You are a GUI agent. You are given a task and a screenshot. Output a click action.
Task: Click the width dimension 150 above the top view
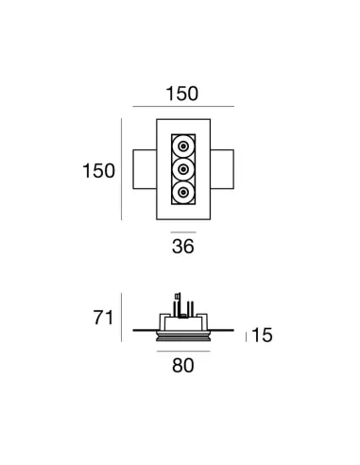click(x=181, y=94)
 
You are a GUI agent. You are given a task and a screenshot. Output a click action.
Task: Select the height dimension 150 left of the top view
click(x=99, y=170)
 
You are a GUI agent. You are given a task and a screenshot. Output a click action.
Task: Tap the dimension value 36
click(x=181, y=249)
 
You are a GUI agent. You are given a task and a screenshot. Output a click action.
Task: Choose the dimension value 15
click(x=264, y=336)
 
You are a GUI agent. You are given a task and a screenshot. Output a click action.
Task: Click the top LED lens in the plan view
click(x=181, y=146)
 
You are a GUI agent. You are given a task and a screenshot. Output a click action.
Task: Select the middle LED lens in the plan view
click(x=181, y=170)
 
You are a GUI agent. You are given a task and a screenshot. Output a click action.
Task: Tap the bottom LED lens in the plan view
click(x=181, y=194)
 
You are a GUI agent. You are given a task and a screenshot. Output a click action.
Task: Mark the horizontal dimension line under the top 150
click(x=181, y=109)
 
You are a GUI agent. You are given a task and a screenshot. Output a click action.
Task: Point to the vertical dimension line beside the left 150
click(x=122, y=170)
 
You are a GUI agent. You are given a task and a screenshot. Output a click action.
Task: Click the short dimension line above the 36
click(x=181, y=230)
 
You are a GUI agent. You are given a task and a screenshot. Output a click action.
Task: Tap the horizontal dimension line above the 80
click(x=182, y=349)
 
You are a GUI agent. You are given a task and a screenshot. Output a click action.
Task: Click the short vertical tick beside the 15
click(x=246, y=336)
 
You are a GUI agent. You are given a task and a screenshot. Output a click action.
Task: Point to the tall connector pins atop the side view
click(x=179, y=301)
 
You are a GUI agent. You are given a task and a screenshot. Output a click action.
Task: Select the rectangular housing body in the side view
click(x=182, y=319)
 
